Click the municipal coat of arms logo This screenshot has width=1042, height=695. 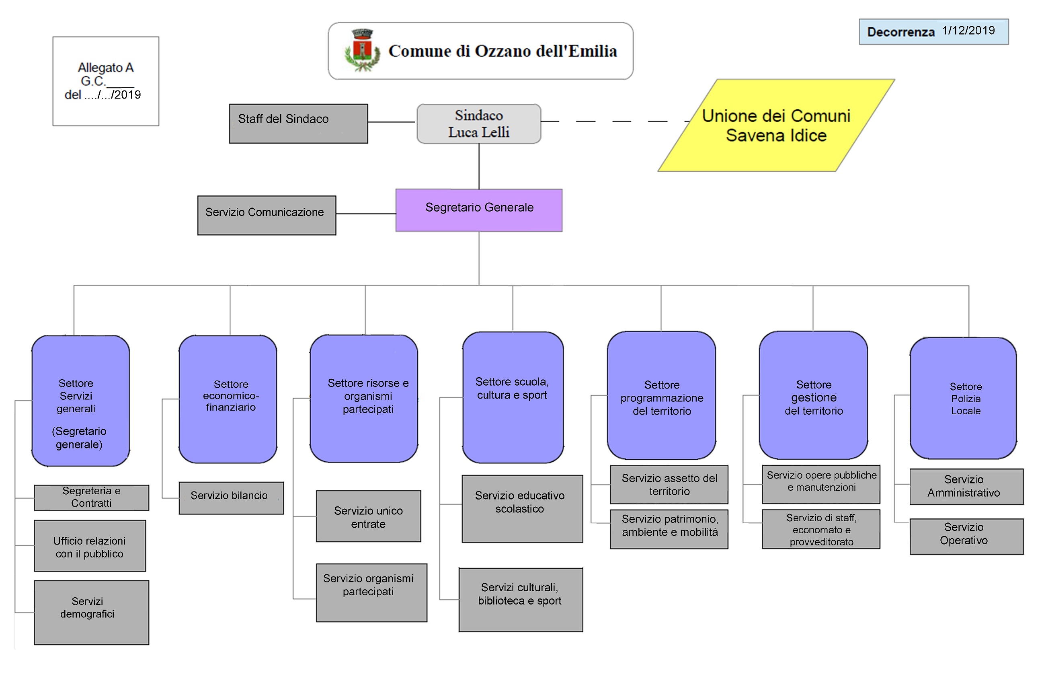pos(362,51)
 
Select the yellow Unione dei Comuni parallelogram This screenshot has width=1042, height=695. pos(776,125)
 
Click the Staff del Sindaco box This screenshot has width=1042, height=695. pos(298,123)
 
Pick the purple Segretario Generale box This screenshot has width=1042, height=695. pos(478,210)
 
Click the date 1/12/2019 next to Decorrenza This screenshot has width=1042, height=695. pos(968,31)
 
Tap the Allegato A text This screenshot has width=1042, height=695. pos(105,68)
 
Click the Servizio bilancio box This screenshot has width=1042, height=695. pos(231,498)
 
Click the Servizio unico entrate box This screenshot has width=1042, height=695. pos(368,516)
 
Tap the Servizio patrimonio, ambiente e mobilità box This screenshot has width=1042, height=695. pos(669,529)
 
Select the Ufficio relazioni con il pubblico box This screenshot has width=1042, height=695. pos(90,546)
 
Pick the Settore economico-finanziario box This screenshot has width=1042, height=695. pos(228,399)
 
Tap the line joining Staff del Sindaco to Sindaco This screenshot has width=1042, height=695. pos(392,122)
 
